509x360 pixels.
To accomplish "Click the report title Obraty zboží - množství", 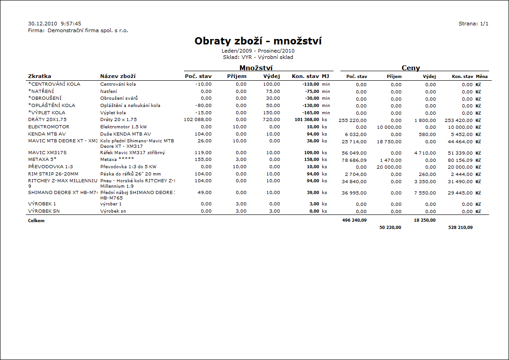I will coord(258,41).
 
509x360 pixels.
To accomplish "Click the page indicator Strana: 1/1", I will coord(473,24).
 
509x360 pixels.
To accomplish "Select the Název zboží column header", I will coord(118,76).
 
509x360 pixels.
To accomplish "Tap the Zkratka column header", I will coord(40,76).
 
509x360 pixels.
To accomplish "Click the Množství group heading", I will coord(256,68).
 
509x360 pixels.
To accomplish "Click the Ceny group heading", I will coord(411,68).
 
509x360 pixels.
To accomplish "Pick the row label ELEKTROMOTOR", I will coord(48,127).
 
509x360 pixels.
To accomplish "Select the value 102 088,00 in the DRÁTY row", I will coord(197,120).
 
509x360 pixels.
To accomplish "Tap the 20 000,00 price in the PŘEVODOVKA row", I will coord(389,167).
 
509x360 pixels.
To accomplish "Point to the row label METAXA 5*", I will coord(43,160).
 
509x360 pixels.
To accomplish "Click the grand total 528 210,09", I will coord(460,228).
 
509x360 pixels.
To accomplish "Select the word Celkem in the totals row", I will coord(36,221).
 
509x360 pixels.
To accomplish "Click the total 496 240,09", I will coord(355,220).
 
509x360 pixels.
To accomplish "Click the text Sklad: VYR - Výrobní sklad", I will coord(258,57).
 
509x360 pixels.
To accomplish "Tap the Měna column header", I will coord(481,77).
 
